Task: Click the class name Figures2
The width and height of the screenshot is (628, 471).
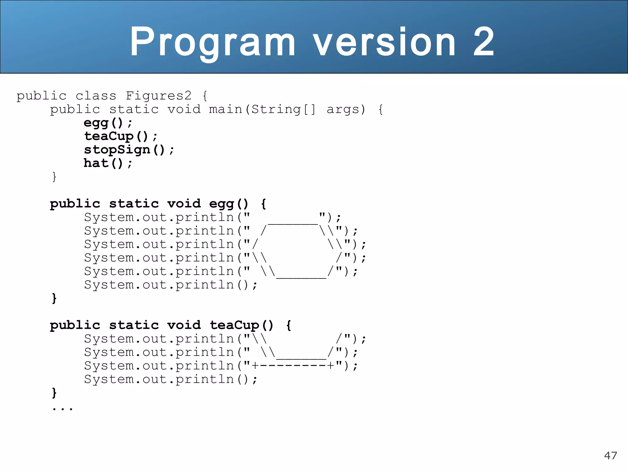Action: pos(159,96)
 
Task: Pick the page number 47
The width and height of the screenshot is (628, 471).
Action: pos(610,455)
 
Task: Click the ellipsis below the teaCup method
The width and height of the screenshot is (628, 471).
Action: pos(63,408)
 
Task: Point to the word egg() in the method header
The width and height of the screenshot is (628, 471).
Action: pos(229,204)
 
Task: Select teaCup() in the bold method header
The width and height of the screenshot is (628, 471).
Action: pos(241,325)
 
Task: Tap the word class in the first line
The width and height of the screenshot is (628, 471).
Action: pos(96,96)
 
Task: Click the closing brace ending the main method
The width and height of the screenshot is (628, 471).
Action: pos(54,177)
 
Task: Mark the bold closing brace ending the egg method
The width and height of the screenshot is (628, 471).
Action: pos(54,298)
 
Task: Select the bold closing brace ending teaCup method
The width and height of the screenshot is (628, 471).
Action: pos(54,392)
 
